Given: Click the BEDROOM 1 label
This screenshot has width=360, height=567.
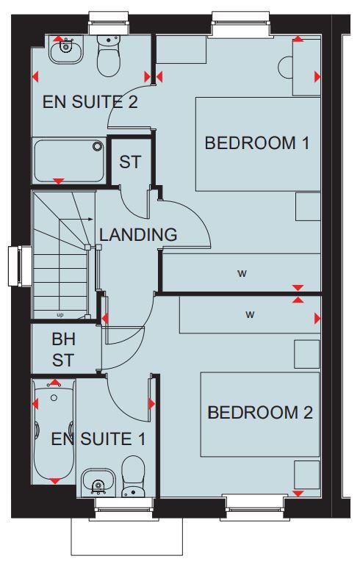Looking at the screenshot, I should [256, 143].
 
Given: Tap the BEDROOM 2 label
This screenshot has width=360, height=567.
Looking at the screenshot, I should [260, 412].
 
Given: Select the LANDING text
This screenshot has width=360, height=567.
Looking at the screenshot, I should [138, 236].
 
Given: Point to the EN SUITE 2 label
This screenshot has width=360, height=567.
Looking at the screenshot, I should [90, 101].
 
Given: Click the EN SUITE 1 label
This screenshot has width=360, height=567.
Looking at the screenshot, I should [98, 440].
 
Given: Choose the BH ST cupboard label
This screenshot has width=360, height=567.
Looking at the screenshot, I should [63, 350].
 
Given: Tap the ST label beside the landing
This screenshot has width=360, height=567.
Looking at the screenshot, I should [130, 162].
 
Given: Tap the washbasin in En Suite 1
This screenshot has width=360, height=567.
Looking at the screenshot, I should [96, 482].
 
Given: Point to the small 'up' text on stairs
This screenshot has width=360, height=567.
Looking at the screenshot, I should [60, 314].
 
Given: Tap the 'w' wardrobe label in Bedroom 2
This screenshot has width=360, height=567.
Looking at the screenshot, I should [250, 314].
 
